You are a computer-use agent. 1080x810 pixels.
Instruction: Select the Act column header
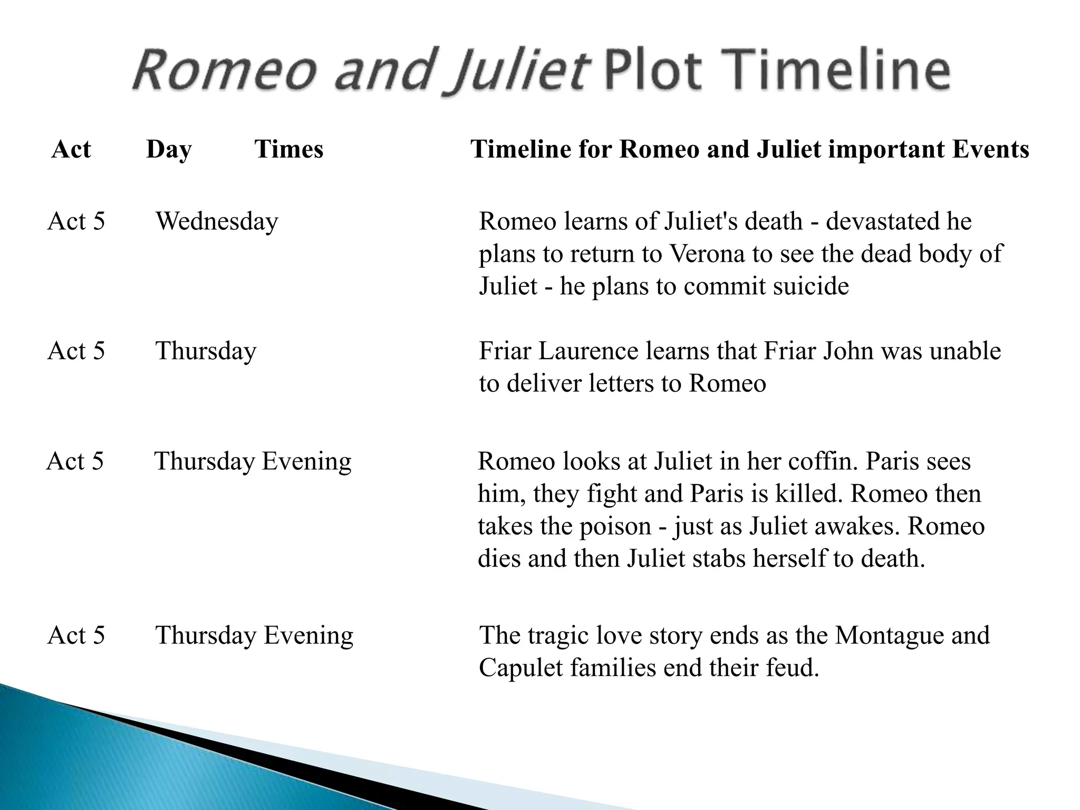pos(71,149)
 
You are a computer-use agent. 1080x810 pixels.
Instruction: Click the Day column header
pos(169,150)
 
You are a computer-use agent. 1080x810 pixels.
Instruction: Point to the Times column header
pos(289,149)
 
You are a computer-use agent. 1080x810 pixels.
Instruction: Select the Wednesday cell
pos(217,221)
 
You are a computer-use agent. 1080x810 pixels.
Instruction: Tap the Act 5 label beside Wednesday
pos(76,221)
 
